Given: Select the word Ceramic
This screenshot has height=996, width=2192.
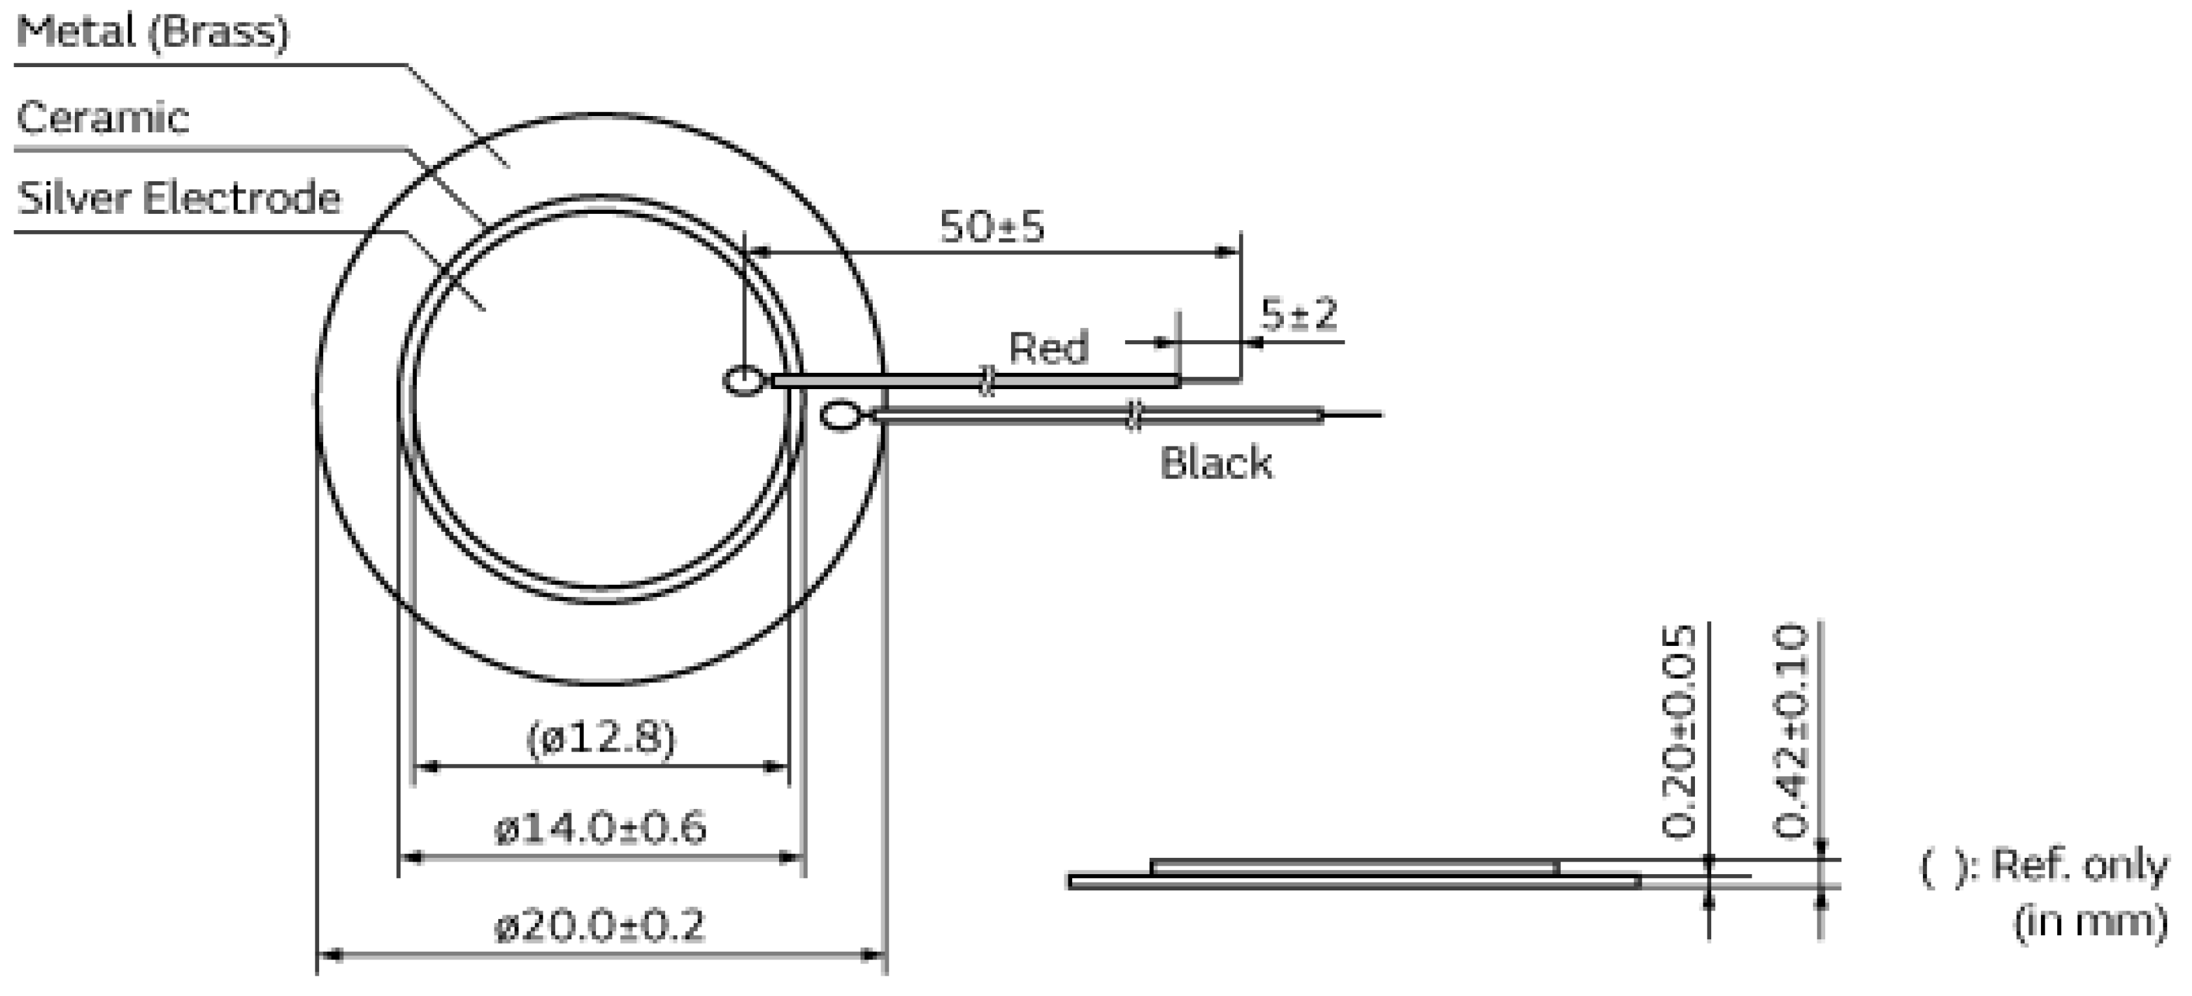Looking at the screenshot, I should click(102, 117).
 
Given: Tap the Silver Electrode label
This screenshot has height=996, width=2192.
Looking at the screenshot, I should click(178, 198).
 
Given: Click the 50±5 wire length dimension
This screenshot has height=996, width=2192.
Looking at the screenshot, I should click(991, 226).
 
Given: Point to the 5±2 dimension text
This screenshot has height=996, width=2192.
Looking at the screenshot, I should click(1298, 314).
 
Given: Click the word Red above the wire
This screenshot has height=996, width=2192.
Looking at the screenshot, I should click(1048, 347).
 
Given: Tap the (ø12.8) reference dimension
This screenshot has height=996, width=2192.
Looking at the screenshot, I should click(601, 737).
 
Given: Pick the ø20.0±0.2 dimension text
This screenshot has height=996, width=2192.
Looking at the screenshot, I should click(601, 926).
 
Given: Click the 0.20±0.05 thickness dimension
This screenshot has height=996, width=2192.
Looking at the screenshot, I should click(1679, 732).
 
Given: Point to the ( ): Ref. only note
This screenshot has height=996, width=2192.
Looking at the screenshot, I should click(2042, 866).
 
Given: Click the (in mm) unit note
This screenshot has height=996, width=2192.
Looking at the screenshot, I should click(2090, 921).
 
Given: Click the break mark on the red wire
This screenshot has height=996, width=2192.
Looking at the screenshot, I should click(986, 381).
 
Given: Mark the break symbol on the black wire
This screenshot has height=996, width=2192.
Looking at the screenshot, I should click(1133, 415).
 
